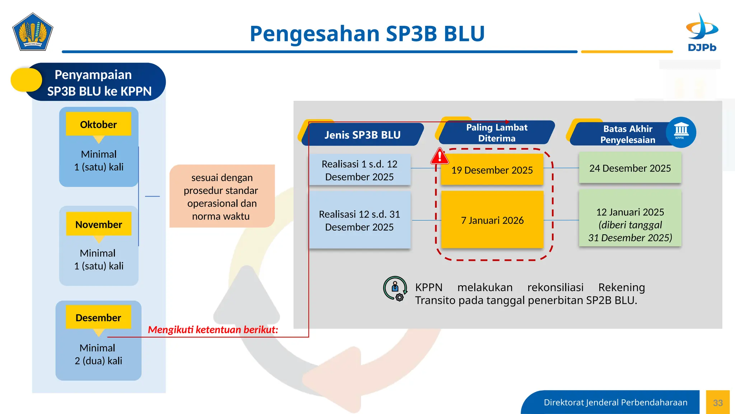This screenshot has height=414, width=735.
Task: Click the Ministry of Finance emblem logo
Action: pos(33,32)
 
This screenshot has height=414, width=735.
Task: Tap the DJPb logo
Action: pos(702,32)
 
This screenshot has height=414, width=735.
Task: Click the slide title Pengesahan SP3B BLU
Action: pos(367,33)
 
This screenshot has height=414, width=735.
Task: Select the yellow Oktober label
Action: pos(98,124)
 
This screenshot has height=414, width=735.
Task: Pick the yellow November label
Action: pos(99,224)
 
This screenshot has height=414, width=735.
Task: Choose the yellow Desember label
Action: pos(98,318)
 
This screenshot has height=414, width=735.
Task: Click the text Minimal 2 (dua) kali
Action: pos(98,354)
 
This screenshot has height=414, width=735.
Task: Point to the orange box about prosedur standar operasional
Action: pos(222,197)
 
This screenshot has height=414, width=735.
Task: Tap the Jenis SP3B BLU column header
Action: pos(362,135)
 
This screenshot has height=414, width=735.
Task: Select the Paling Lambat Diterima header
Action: pos(496,133)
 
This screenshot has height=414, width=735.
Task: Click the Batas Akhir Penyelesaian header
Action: pos(627,134)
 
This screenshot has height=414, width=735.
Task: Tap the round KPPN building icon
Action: pos(681,132)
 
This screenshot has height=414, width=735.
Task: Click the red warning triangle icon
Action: pos(440,156)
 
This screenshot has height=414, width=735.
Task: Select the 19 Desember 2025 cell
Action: pos(492,170)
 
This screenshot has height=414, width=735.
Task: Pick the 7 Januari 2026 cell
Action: pos(492,220)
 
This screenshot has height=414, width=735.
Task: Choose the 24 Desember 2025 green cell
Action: pos(630,168)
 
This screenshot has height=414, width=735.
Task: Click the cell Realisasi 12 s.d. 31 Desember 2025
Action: pos(359,220)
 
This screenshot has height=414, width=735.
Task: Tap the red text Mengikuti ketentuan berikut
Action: pos(213,330)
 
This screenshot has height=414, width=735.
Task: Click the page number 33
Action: pos(718,403)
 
